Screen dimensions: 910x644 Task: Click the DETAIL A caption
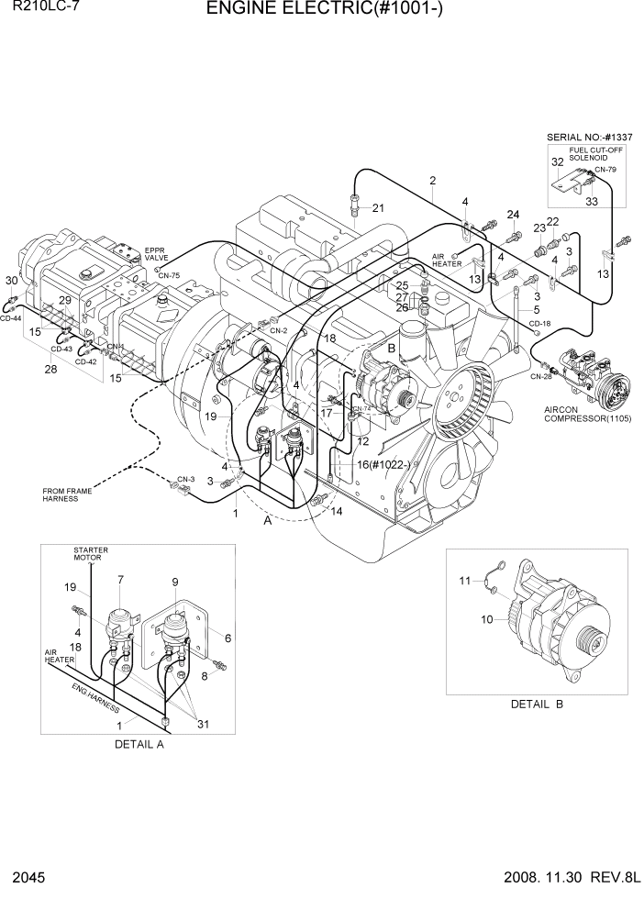[x=139, y=744]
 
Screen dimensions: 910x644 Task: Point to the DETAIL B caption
[x=537, y=704]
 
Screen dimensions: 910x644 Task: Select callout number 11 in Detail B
[x=465, y=580]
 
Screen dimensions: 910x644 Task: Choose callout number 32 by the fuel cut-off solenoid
[x=557, y=161]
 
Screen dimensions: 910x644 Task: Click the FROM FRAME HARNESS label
[x=67, y=495]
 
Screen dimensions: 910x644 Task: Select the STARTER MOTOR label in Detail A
[x=91, y=554]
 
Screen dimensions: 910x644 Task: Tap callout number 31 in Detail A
[x=201, y=724]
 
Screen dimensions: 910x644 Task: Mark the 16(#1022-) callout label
[x=383, y=465]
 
